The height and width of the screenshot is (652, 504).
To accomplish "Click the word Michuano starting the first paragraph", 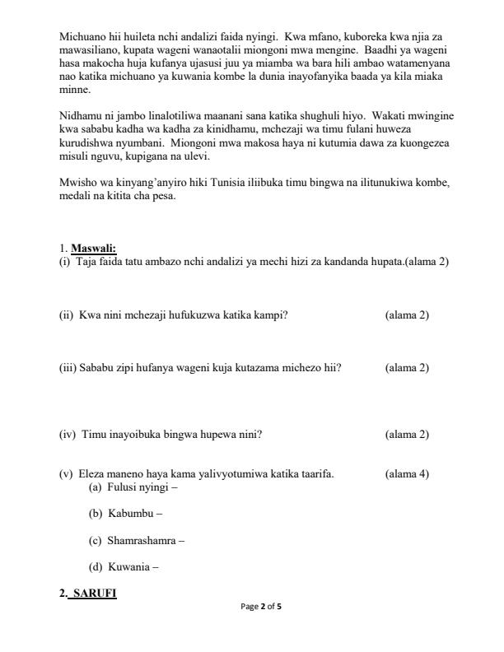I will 82,37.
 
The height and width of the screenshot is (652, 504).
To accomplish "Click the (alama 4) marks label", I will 407,474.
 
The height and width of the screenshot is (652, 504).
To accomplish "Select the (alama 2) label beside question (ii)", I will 407,315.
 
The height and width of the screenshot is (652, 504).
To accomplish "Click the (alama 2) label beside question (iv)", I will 407,435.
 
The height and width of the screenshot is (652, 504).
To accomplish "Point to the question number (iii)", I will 68,368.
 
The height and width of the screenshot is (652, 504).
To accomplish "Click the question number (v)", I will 67,474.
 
